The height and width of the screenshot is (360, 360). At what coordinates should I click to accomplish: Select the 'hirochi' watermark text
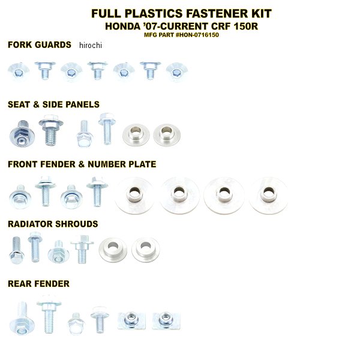91,45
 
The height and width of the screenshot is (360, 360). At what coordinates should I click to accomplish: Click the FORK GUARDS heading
40,45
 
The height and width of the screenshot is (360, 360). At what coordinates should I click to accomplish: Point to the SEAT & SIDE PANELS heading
54,104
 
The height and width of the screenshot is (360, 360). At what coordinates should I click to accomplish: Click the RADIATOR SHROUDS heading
53,224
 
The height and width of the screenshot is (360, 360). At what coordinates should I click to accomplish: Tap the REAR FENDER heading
38,284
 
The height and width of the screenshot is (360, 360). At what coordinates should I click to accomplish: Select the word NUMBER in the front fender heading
107,164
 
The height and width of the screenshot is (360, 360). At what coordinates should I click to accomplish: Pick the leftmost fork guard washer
19,71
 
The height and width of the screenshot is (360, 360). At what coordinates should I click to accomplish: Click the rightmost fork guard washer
176,72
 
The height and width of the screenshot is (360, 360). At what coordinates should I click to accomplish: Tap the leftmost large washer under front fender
134,196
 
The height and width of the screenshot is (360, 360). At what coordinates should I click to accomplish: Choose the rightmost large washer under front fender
268,196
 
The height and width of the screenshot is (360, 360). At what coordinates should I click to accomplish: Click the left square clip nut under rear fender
131,320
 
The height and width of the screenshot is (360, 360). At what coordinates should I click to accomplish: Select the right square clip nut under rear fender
166,320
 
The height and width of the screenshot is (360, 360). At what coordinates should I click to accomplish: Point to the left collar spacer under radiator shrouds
113,250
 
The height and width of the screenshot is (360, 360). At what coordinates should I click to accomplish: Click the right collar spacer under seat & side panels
167,135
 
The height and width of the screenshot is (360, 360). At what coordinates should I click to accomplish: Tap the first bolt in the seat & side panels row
22,133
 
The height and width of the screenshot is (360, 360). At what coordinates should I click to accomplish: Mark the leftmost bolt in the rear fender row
22,318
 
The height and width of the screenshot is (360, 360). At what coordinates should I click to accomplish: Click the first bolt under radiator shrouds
16,250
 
